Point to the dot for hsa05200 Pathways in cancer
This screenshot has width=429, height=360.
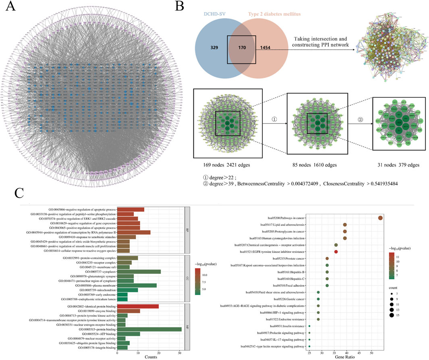(380, 218)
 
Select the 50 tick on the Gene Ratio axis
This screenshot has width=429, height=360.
(371, 352)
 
